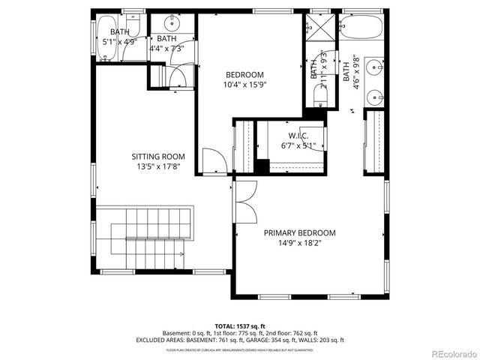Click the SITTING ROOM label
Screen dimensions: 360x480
(158, 157)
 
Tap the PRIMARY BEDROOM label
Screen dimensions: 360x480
(299, 233)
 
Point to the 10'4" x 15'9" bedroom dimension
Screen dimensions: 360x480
(245, 85)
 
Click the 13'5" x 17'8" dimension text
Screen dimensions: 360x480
(158, 167)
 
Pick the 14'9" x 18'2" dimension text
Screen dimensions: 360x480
(299, 244)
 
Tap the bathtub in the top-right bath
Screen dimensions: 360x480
(361, 28)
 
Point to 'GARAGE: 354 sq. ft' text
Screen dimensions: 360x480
(271, 340)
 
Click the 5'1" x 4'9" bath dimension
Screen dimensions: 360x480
(118, 42)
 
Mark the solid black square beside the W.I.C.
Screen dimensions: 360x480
(261, 166)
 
